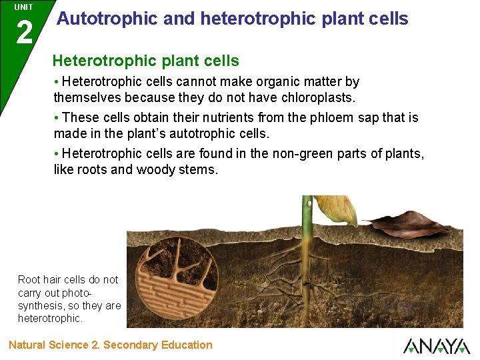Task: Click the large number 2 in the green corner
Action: click(24, 31)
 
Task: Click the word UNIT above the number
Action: click(23, 7)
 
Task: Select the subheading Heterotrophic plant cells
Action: click(145, 61)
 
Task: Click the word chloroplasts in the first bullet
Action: click(317, 97)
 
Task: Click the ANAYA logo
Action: click(436, 346)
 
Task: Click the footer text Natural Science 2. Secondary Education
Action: click(111, 345)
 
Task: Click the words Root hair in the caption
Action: click(41, 279)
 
